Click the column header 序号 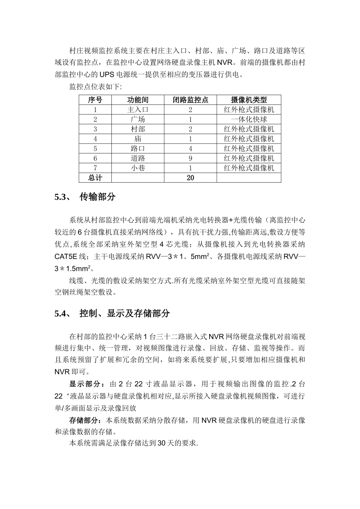point(95,100)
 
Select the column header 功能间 point(138,100)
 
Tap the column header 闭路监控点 point(190,100)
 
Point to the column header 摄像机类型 point(249,100)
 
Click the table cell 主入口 point(138,110)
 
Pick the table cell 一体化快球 point(249,120)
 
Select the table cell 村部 point(138,129)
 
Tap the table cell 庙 point(138,139)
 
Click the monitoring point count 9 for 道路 point(190,158)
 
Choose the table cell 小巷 point(138,168)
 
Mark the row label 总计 point(95,178)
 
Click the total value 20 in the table point(190,178)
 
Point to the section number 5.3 point(61,197)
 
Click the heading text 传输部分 point(97,197)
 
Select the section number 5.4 point(61,314)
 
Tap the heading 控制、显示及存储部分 point(125,314)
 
